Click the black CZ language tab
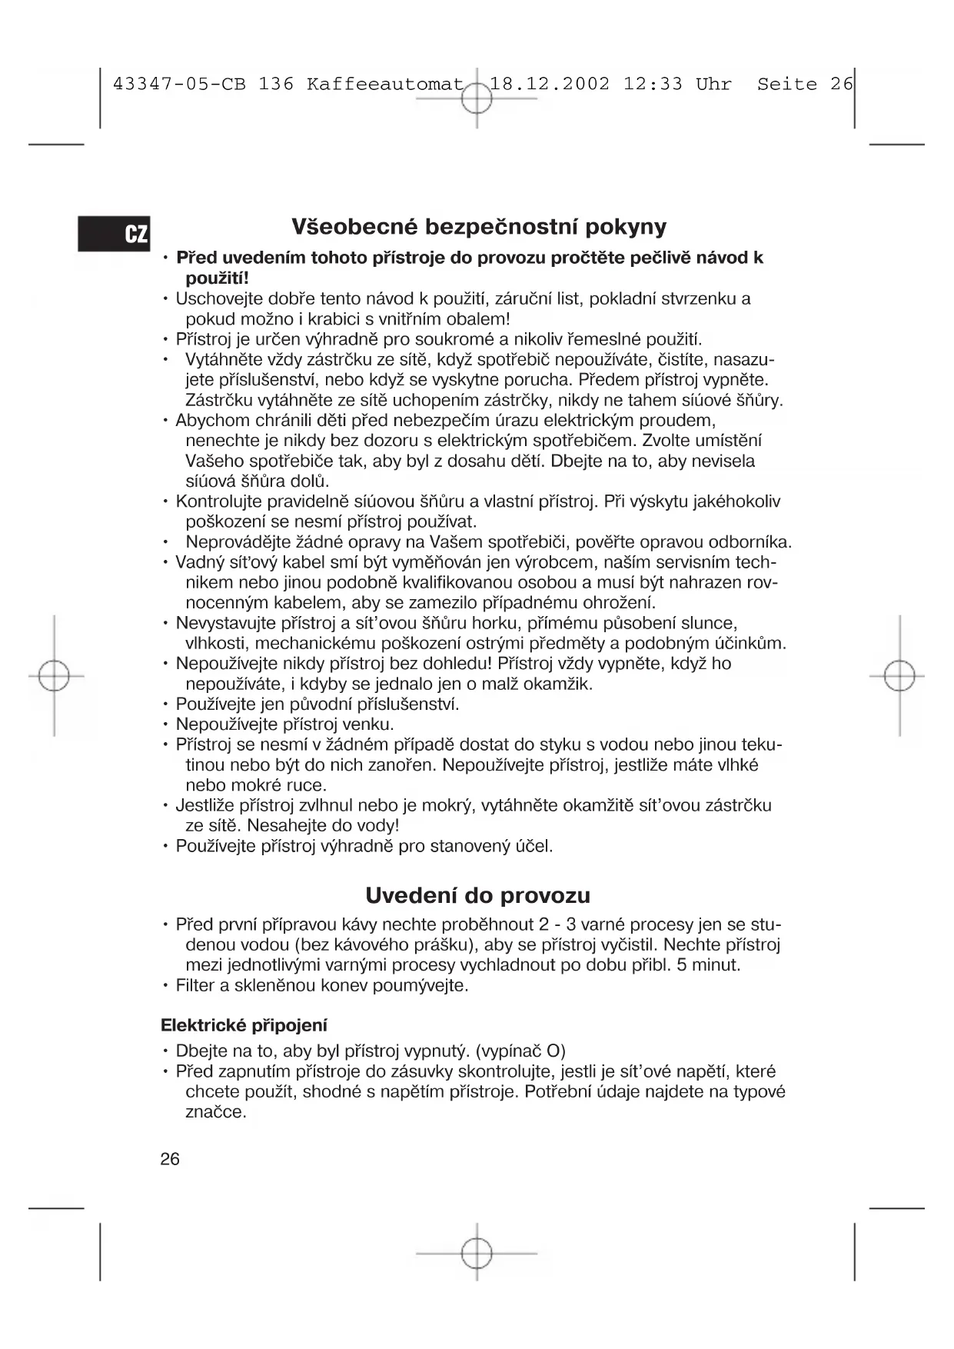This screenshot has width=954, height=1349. [x=114, y=233]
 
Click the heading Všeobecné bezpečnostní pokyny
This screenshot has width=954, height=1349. [x=478, y=227]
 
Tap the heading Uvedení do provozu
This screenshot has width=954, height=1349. [x=477, y=895]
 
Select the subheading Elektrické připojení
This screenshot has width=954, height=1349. [x=244, y=1025]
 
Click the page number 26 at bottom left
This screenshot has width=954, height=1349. [x=170, y=1159]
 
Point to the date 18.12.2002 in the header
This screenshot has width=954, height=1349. [x=550, y=84]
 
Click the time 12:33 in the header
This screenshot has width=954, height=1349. [x=652, y=84]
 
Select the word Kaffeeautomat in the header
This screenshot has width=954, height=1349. [x=384, y=84]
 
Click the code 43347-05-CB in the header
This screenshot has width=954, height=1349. [x=179, y=84]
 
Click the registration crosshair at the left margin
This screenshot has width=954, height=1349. [x=54, y=676]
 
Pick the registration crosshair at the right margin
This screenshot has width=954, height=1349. [x=899, y=676]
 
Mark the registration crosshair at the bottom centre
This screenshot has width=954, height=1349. [x=477, y=1253]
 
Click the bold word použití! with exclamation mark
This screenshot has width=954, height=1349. [x=218, y=278]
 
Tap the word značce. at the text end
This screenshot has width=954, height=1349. [x=216, y=1112]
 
